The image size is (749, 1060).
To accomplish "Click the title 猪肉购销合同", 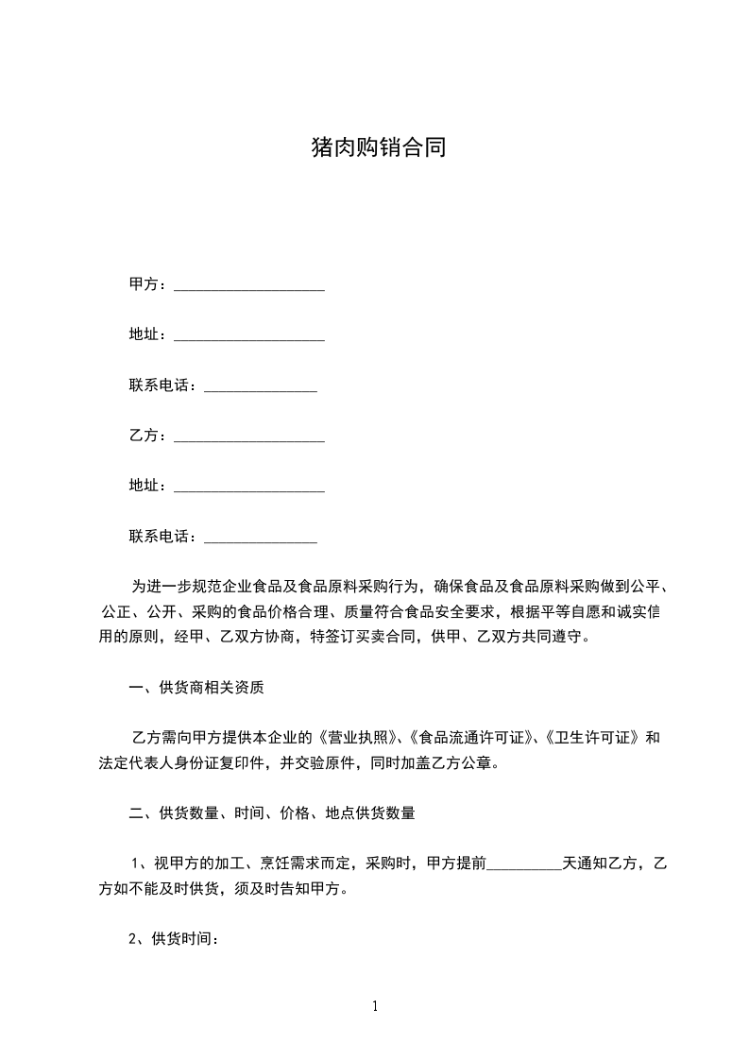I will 378,147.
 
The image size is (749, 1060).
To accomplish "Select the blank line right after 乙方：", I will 249,438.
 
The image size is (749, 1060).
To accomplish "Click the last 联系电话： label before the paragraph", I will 164,537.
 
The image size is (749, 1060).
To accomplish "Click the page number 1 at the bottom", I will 375,1006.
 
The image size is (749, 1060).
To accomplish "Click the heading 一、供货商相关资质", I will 196,688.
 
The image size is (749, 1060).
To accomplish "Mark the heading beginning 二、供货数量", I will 272,812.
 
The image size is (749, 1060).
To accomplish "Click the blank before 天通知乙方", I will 524,864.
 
